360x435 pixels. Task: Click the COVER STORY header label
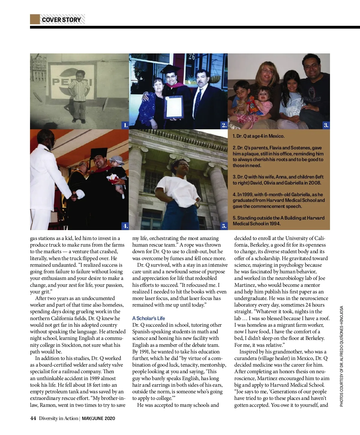pos(61,20)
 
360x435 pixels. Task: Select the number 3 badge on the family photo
pos(326,125)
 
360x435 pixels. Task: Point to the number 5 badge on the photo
pos(224,226)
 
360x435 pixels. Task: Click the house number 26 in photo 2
pos(191,56)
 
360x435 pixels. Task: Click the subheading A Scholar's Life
pos(148,318)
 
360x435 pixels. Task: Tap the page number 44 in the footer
pos(33,418)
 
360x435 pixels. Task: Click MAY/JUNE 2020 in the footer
pos(98,418)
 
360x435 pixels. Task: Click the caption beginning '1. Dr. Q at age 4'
pos(258,136)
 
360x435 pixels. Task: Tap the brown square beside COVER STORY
pos(35,19)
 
